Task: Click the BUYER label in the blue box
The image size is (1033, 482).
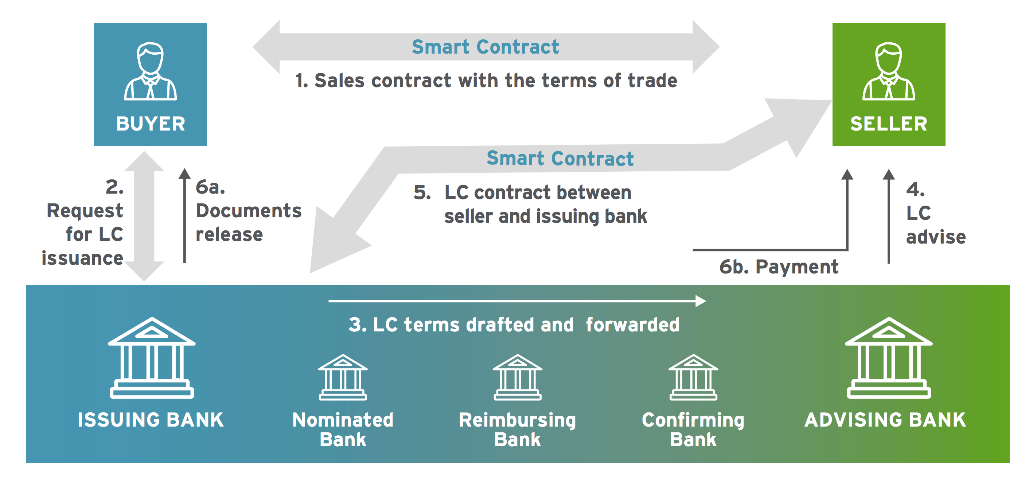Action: pos(151,124)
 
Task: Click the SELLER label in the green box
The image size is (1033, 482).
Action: pos(889,124)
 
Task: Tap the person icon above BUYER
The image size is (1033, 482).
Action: pos(151,71)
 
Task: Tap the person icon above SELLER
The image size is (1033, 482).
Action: pos(889,71)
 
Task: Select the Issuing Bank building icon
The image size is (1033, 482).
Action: pos(152,358)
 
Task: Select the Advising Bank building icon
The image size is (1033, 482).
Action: pos(889,358)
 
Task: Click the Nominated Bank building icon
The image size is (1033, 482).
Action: pos(343,377)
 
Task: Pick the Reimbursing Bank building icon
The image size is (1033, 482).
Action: pos(518,377)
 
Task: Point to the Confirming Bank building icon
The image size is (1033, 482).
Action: pos(693,377)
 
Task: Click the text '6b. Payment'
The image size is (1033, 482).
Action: pos(779,267)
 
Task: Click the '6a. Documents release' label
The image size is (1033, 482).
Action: pos(249,211)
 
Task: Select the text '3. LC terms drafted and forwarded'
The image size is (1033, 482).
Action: pos(514,324)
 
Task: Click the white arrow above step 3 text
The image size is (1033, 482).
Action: pos(517,301)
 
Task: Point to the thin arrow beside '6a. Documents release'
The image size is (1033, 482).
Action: pos(184,215)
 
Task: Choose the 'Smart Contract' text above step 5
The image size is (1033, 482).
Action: pos(560,158)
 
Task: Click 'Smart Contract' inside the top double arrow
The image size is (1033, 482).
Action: pos(485,47)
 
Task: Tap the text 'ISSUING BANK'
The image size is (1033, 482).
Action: pos(151,420)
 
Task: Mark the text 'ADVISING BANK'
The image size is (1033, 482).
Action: pos(885,420)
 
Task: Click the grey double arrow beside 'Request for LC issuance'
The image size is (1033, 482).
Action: pos(144,216)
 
